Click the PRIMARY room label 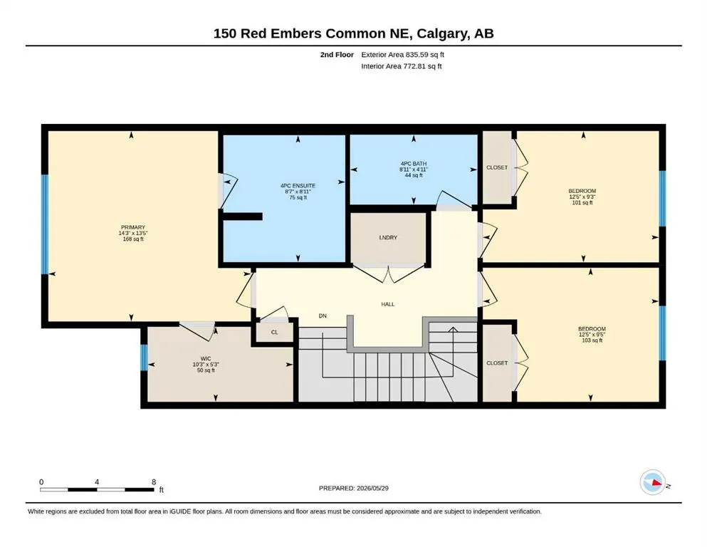133,227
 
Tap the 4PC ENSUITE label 298,185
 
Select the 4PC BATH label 414,163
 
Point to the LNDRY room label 388,237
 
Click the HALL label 388,304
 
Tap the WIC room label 206,358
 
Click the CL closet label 275,332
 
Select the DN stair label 323,316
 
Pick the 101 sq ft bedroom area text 582,202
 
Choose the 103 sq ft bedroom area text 592,340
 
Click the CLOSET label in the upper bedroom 497,167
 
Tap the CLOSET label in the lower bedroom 497,363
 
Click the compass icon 653,482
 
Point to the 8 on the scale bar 154,481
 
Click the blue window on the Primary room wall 45,224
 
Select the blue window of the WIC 144,358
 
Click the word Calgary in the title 442,33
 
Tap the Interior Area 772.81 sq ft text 402,66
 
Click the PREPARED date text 353,488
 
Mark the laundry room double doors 388,273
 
